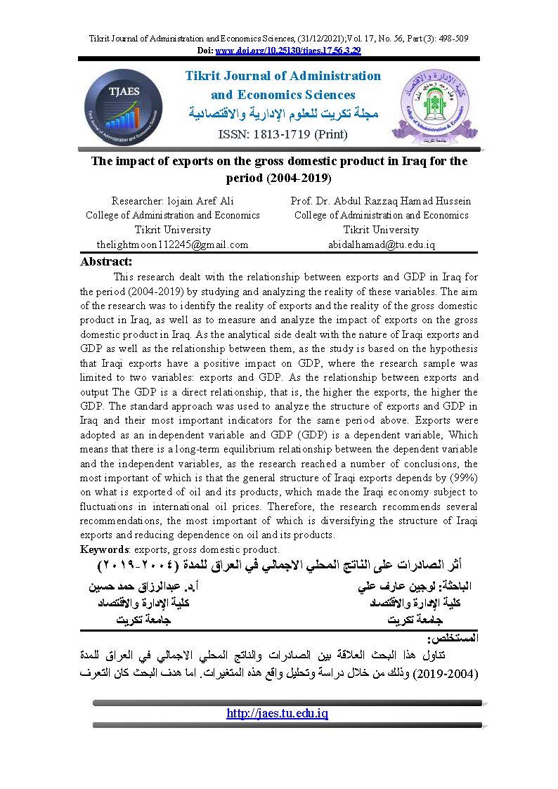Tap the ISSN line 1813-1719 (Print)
click(x=283, y=133)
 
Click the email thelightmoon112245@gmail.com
click(x=172, y=244)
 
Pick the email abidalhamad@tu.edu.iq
click(x=382, y=244)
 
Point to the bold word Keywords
click(x=105, y=549)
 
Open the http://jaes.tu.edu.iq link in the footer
click(x=278, y=713)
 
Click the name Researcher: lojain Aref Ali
click(x=172, y=201)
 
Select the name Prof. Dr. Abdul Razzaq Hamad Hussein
click(x=381, y=201)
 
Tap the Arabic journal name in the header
click(x=283, y=113)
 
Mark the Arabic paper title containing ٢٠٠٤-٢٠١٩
click(x=279, y=566)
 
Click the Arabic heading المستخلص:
click(x=453, y=639)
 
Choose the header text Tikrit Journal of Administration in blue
click(x=283, y=76)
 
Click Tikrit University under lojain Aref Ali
click(x=172, y=230)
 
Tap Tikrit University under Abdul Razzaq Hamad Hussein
click(x=381, y=230)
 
